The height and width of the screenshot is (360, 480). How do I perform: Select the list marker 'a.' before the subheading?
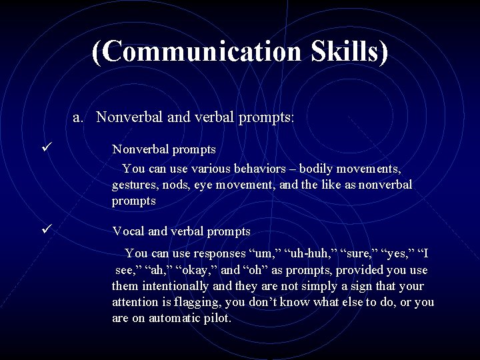coord(79,117)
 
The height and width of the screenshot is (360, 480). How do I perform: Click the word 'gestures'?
coord(134,184)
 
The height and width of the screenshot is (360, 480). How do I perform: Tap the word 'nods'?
coord(187,184)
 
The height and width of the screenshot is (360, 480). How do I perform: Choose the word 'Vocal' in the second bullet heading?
coord(128,231)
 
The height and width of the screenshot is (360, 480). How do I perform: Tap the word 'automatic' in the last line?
coord(174,318)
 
